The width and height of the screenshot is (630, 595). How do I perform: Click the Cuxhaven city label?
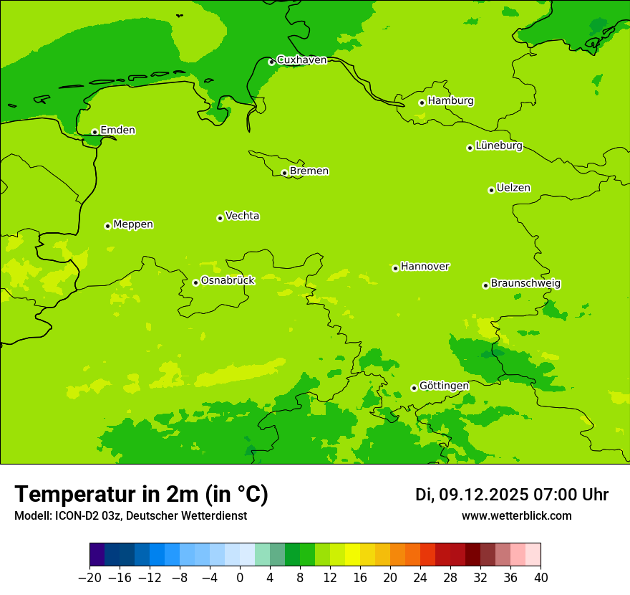[301, 60]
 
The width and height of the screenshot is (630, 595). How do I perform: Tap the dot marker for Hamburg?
[422, 103]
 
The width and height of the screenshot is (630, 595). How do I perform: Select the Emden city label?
[117, 130]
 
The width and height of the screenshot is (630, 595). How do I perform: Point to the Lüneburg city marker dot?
[470, 148]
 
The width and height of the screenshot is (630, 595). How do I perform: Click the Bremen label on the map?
[309, 171]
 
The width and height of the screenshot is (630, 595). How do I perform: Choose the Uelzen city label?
[513, 189]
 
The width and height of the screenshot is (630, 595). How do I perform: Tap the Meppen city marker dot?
[107, 226]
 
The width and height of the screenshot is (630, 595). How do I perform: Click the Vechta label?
[242, 216]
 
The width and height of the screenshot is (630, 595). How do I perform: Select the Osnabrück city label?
[228, 281]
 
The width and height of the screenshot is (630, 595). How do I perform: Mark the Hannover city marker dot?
[395, 268]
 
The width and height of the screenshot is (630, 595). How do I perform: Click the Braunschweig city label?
[525, 284]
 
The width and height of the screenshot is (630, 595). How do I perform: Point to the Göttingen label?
[444, 386]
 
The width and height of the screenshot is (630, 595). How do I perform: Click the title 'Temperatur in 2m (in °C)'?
[141, 495]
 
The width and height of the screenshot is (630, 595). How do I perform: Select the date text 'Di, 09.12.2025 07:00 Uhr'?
[512, 495]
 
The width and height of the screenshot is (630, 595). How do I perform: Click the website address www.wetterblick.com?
[516, 516]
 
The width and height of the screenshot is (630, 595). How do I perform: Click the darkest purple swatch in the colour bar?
[97, 555]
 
